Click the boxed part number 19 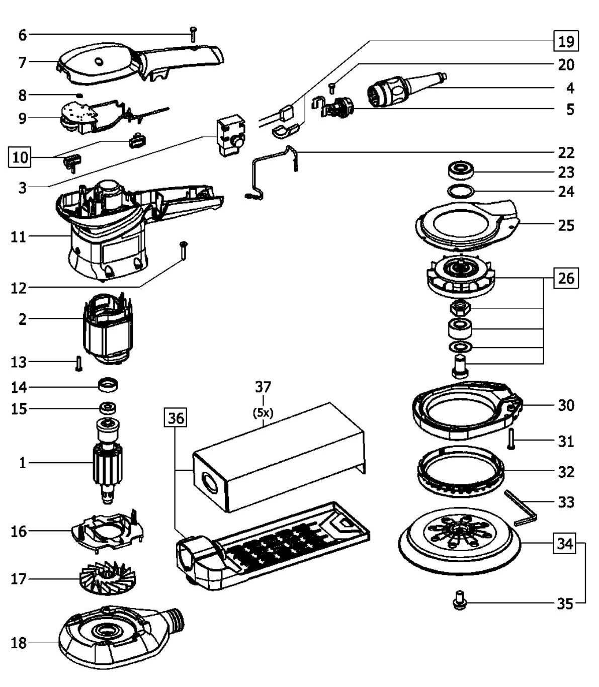(566, 41)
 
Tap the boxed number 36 (176, 418)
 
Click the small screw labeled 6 (193, 34)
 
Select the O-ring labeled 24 (461, 192)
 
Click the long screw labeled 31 (511, 440)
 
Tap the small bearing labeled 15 (108, 409)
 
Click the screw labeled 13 (78, 364)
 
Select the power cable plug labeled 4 (406, 90)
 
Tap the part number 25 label (566, 225)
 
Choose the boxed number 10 (20, 157)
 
